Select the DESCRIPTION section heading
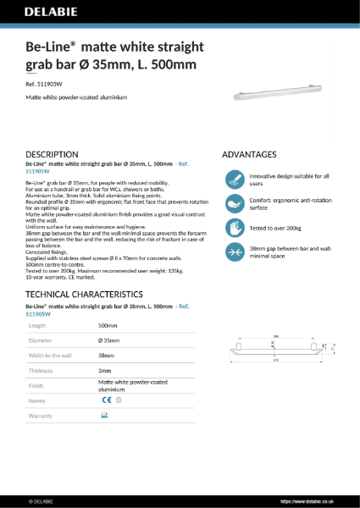coord(53,154)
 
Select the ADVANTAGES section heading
coord(249,154)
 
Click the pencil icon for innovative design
coord(233,179)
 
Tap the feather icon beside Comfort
coord(233,204)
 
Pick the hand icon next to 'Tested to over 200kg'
coord(233,228)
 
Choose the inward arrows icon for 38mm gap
coord(233,251)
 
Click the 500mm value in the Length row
coord(108,325)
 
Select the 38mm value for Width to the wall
coord(106,356)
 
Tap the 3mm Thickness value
coord(104,371)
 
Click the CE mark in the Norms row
coord(106,400)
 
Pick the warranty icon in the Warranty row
coord(104,416)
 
